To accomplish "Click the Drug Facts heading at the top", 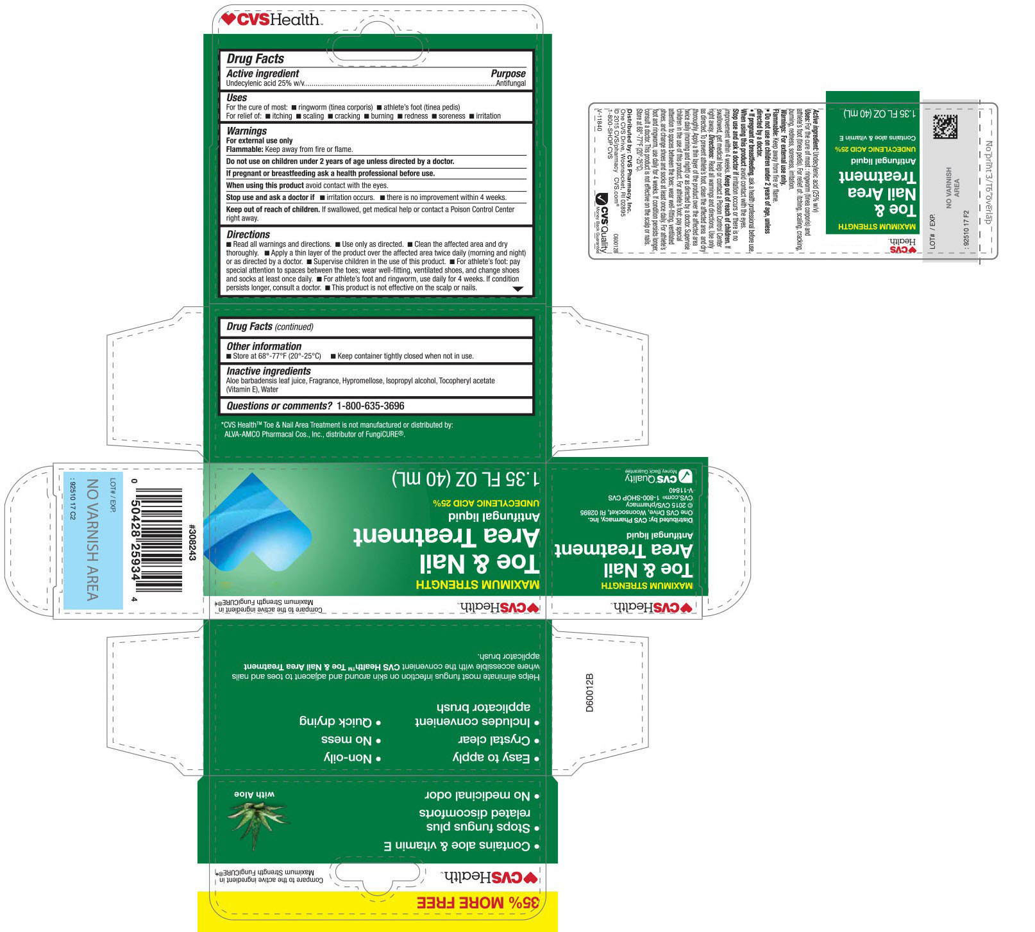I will [255, 59].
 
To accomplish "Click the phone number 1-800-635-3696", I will [370, 406].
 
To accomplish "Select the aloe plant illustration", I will [258, 818].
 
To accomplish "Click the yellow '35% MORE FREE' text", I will [478, 903].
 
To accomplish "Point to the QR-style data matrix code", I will [945, 127].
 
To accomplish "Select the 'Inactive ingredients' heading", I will [268, 371].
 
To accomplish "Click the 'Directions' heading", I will [248, 235].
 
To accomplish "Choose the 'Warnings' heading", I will [246, 131].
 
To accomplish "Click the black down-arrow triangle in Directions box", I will [518, 289].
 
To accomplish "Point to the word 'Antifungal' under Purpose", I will [510, 83].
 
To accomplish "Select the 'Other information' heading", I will [264, 346].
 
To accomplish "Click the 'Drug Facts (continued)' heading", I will [270, 327].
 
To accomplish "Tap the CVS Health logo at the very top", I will [270, 20].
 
